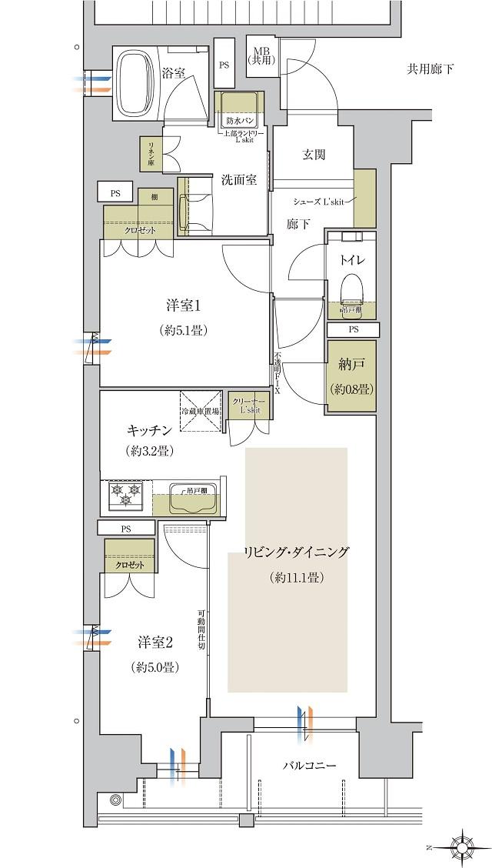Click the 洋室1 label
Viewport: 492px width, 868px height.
[x=183, y=305]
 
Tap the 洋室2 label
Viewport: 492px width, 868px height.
[x=155, y=641]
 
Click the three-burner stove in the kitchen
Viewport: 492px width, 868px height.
[x=125, y=496]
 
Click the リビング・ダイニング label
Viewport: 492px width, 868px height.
[x=296, y=553]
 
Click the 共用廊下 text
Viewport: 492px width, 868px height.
[x=430, y=70]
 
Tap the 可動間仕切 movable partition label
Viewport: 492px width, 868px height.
[x=200, y=623]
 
